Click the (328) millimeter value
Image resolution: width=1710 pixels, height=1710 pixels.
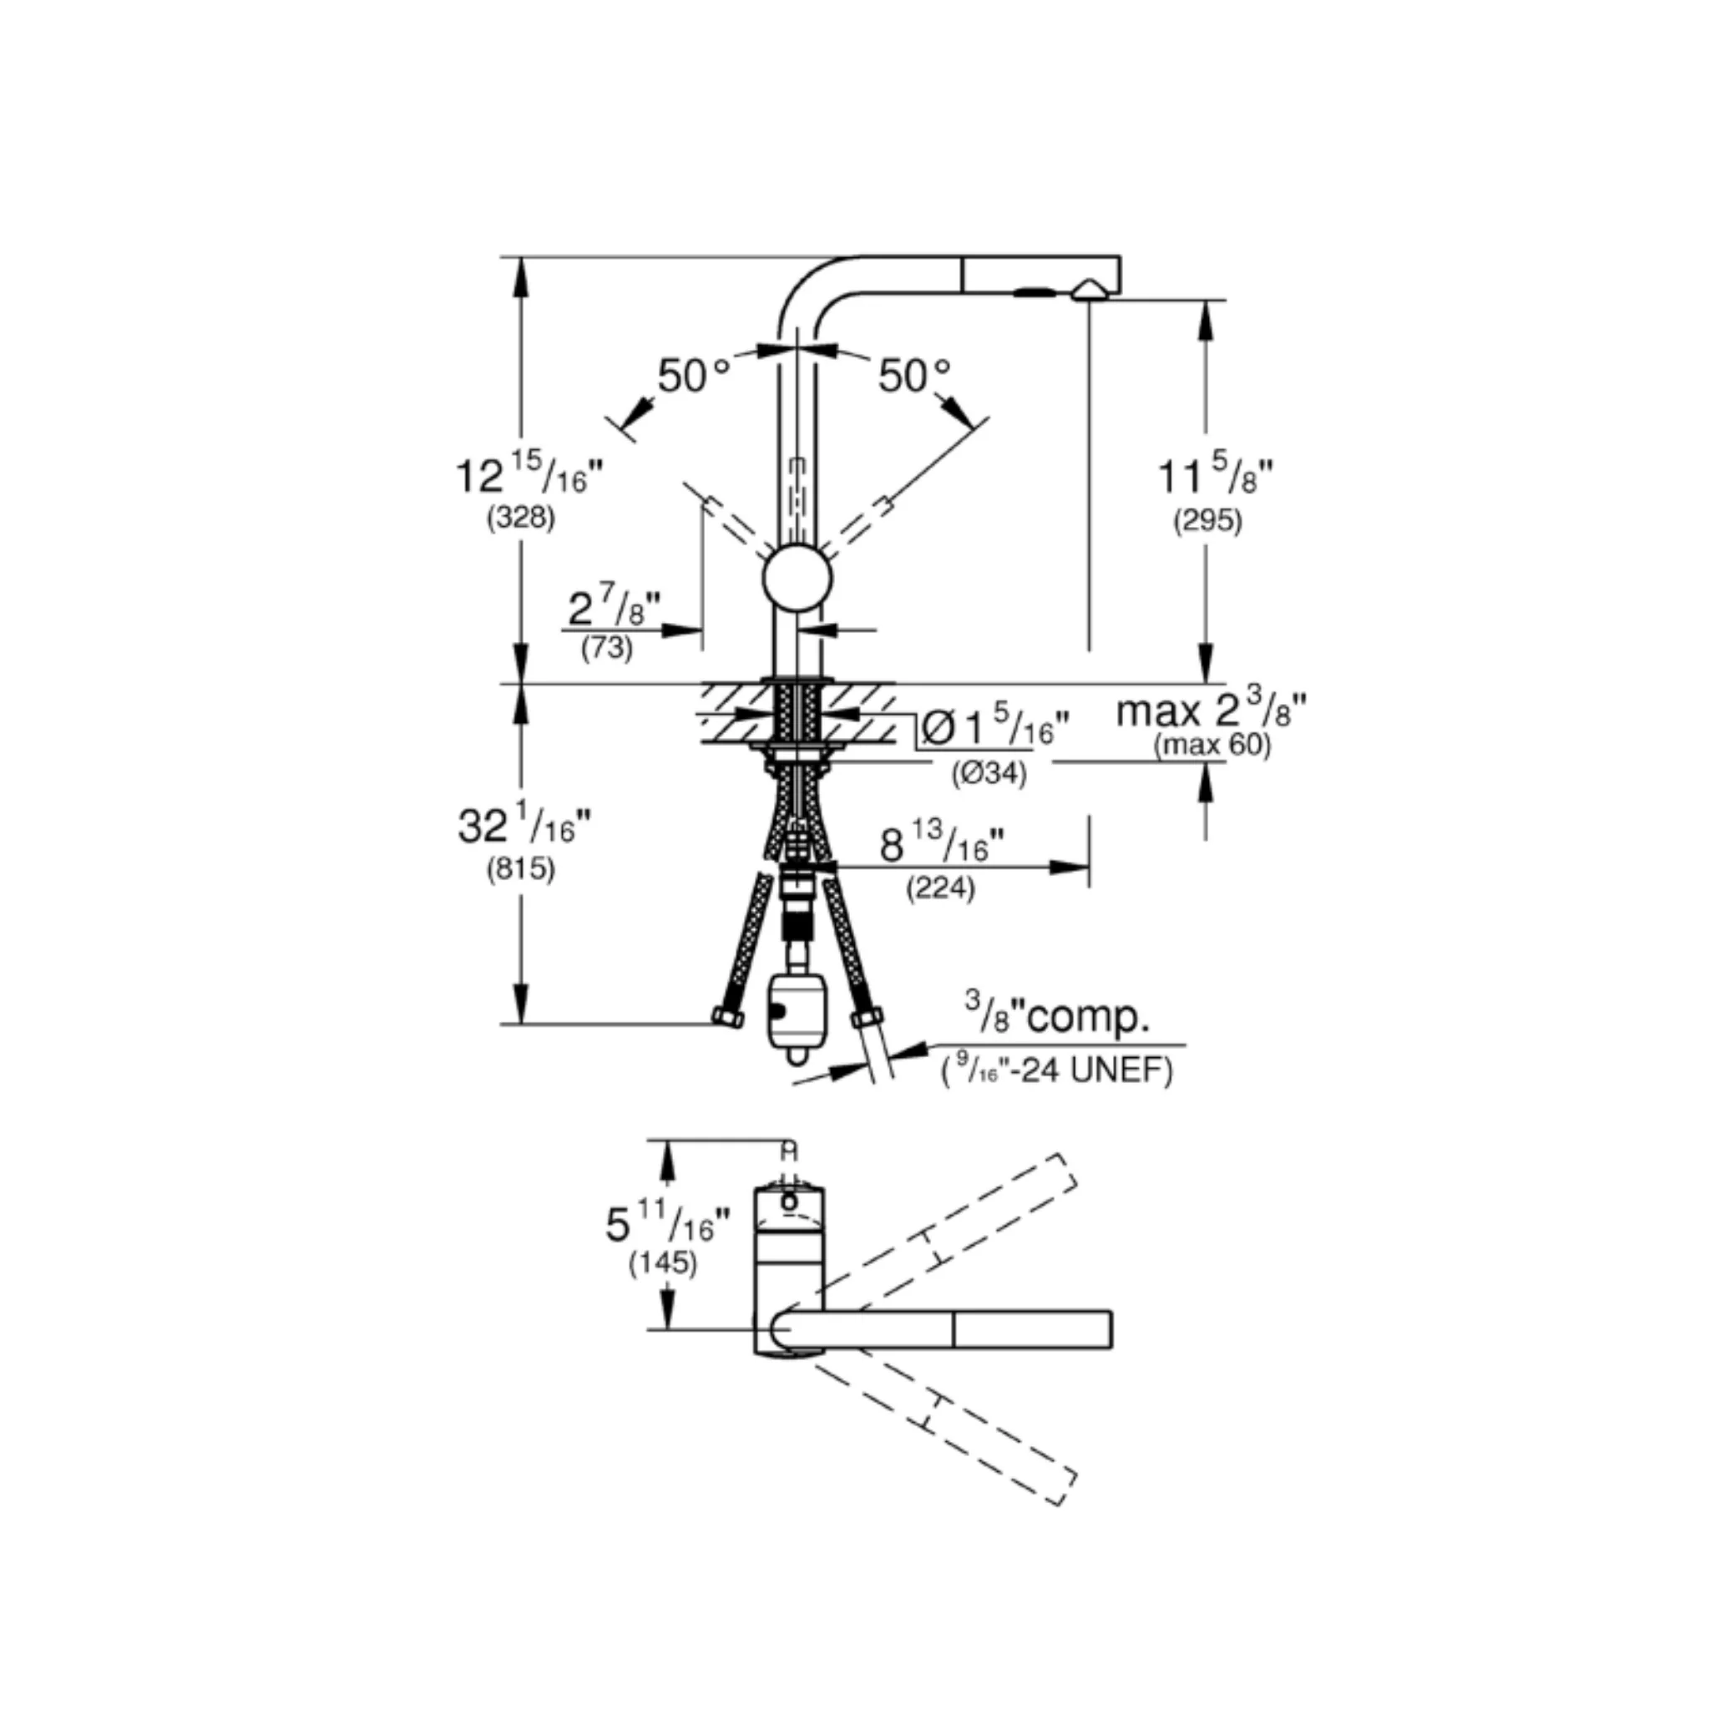520,517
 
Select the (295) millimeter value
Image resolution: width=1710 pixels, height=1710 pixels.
1207,520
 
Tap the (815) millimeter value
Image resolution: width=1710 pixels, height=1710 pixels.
520,869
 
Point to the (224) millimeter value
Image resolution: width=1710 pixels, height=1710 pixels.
940,888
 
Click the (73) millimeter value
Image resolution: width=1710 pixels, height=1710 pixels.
607,648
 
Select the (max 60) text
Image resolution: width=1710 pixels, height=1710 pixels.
1212,746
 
